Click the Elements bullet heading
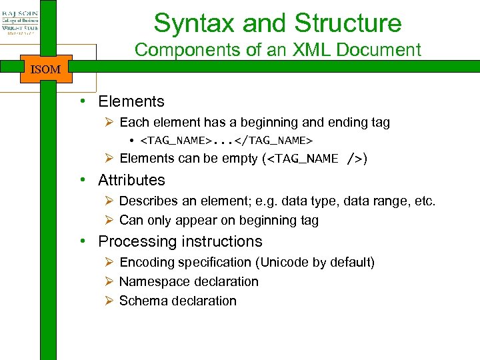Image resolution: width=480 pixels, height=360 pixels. coord(131,101)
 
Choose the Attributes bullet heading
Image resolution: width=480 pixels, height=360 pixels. coord(131,180)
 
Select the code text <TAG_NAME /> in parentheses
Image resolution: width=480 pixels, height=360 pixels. coord(314,159)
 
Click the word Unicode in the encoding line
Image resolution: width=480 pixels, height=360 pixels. coord(293,262)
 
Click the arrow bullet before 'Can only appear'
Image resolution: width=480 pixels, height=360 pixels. coord(110,220)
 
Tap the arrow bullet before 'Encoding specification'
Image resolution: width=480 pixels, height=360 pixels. coord(110,262)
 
